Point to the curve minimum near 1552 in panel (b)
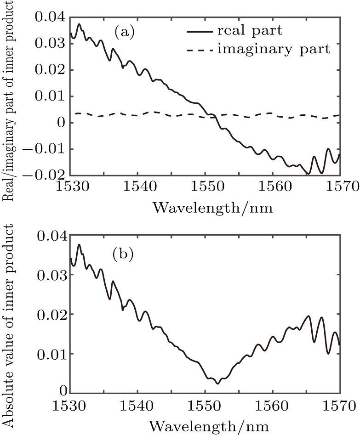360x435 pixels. (217, 384)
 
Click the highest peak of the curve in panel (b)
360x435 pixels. (79, 245)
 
